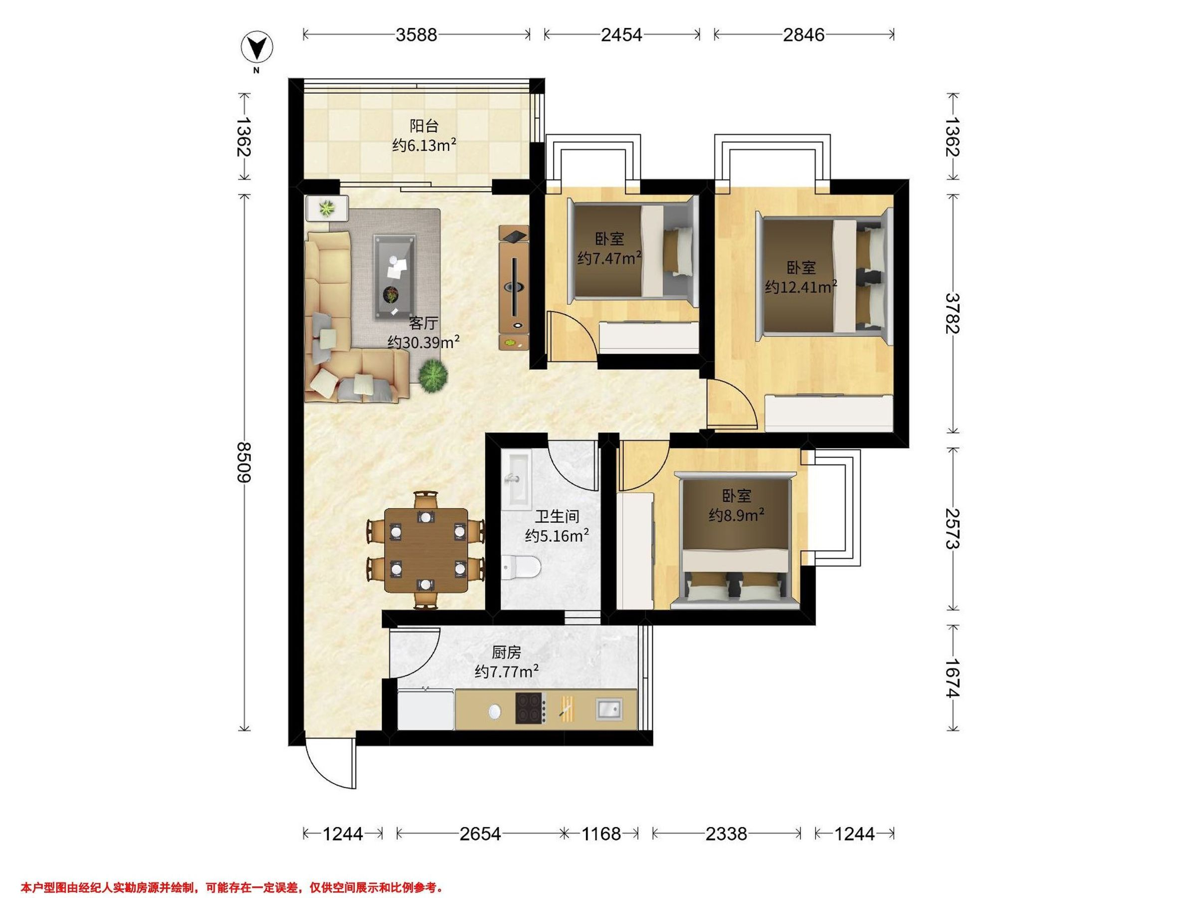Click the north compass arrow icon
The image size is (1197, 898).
tap(256, 47)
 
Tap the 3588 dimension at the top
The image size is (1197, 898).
tap(416, 34)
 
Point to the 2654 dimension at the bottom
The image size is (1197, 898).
tap(480, 834)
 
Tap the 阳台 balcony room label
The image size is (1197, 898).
tap(424, 126)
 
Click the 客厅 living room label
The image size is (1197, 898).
tap(423, 323)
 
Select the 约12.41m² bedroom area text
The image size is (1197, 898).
tap(801, 286)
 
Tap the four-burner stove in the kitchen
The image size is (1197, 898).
tap(530, 708)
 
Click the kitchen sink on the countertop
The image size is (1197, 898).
tap(609, 709)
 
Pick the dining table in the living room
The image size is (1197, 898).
tap(426, 550)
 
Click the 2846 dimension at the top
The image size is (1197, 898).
tap(803, 34)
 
